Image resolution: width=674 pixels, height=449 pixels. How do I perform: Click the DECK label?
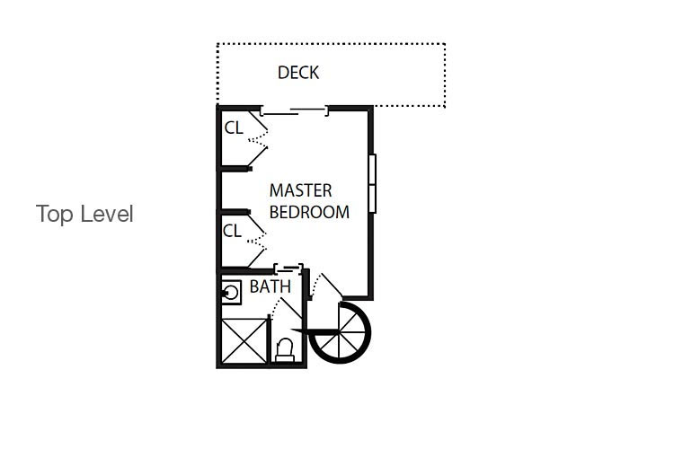298,73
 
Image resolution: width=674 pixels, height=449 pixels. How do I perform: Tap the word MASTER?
300,190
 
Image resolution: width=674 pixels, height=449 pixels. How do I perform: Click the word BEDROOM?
309,212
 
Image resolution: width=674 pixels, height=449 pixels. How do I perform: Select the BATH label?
270,286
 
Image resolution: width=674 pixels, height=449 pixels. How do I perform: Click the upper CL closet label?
234,128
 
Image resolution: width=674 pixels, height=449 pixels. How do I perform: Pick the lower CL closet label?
232,231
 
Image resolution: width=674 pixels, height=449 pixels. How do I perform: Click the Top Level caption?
84,214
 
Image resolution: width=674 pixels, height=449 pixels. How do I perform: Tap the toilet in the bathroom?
285,350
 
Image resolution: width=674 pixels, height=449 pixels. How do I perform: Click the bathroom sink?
231,293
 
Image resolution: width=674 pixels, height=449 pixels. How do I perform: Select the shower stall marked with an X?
244,340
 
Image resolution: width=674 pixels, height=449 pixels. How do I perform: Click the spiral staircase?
340,332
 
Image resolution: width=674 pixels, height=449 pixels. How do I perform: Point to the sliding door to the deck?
295,111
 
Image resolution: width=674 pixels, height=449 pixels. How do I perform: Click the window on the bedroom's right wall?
372,183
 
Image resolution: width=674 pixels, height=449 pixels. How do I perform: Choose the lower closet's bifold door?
257,241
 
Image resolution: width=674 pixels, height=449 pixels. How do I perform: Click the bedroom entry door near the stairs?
326,286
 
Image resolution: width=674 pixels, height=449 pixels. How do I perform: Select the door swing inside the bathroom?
287,309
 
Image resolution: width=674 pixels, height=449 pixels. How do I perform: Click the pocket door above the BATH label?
288,269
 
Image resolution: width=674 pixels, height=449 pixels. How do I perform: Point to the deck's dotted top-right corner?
445,44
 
